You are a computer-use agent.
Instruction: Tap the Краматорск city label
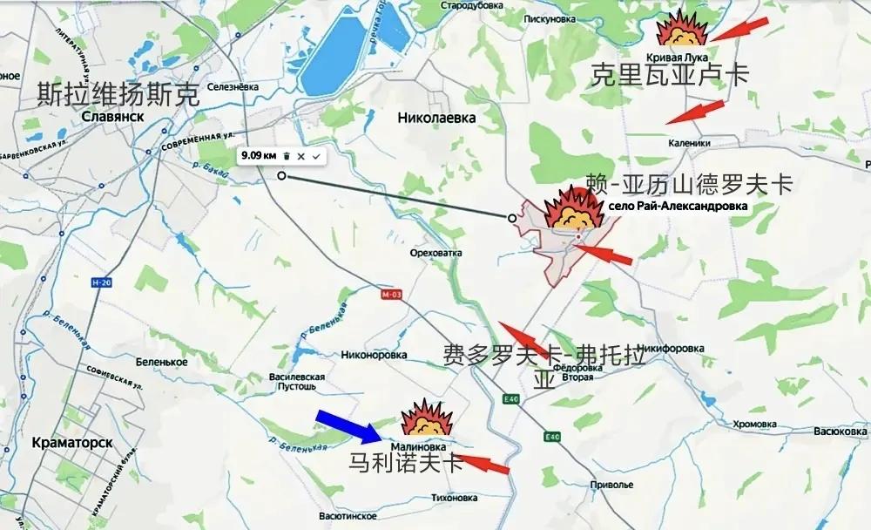(71, 442)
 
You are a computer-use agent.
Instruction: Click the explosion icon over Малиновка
(428, 419)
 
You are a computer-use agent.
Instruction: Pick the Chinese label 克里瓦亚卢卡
(670, 74)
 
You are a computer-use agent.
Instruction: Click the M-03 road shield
(391, 294)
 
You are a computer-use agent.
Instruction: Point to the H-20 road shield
(102, 283)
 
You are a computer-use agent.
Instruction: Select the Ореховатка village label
(434, 253)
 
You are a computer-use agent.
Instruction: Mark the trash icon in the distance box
(286, 155)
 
